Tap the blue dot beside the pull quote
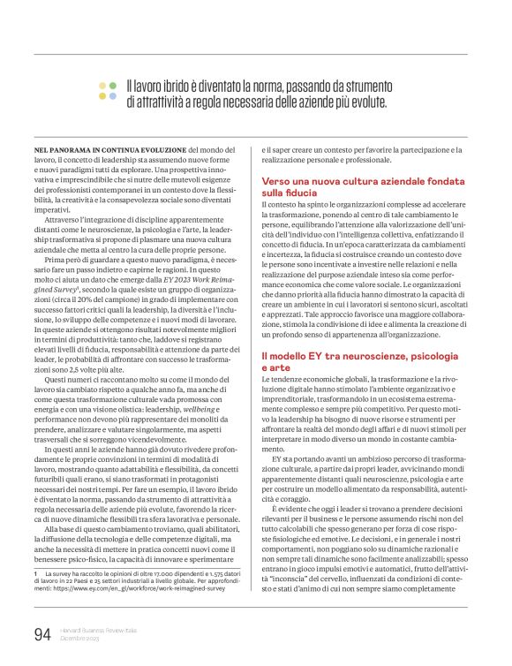[102, 95]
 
